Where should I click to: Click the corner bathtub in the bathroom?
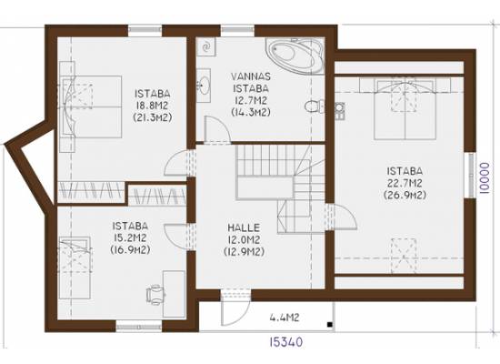(295, 55)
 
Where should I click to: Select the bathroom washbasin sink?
(203, 85)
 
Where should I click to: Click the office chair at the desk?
(155, 295)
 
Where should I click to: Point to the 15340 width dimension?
(285, 342)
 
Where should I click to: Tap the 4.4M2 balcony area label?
(285, 318)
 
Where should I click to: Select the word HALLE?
(244, 227)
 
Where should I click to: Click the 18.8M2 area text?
(152, 106)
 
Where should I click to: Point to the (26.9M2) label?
(405, 195)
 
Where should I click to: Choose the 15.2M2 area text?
(130, 238)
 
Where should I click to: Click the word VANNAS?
(251, 76)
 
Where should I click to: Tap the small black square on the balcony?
(330, 325)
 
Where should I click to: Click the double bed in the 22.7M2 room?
(405, 109)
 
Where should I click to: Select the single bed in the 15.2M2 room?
(75, 268)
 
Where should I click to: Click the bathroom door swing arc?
(217, 128)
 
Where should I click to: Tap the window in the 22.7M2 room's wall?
(470, 175)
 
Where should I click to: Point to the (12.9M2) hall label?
(244, 252)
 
